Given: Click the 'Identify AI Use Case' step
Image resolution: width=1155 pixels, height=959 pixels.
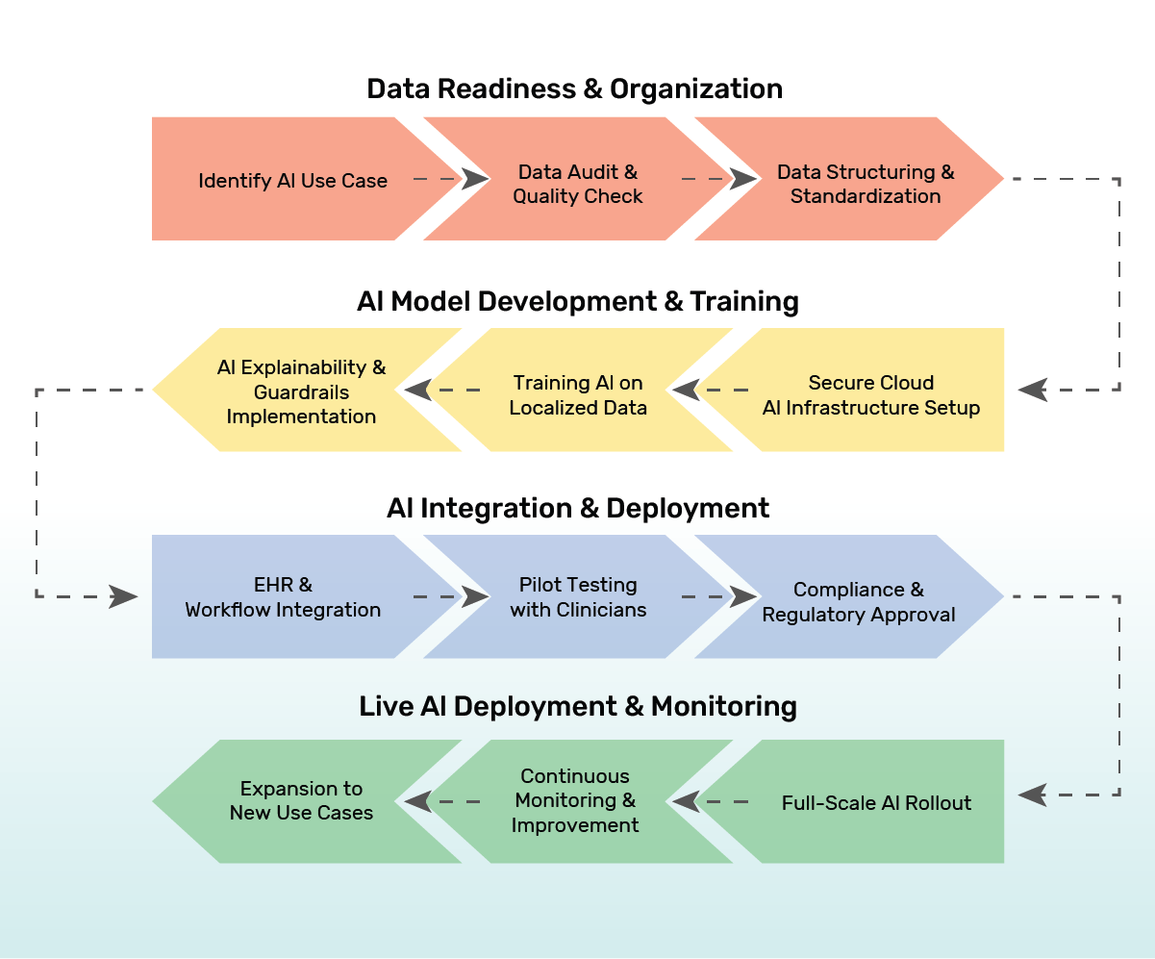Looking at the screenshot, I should pyautogui.click(x=292, y=180).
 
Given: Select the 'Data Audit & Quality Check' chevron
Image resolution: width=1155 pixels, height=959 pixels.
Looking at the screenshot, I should pyautogui.click(x=577, y=184).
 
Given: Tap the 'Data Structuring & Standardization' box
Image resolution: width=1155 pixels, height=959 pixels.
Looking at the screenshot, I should pyautogui.click(x=866, y=184).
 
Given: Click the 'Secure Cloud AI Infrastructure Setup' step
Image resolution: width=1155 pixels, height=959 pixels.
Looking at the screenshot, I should pyautogui.click(x=870, y=394).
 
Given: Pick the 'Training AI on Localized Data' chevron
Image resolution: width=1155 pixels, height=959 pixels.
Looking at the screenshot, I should pyautogui.click(x=578, y=395).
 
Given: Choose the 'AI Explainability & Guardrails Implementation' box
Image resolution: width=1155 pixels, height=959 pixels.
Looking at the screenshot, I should pyautogui.click(x=301, y=391).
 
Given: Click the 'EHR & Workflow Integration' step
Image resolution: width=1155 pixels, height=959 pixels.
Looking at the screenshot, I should pyautogui.click(x=283, y=597).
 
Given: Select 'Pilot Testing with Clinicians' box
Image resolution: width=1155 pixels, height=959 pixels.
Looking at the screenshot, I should pyautogui.click(x=578, y=597).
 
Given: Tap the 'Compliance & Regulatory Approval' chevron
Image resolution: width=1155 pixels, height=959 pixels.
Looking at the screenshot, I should pyautogui.click(x=858, y=602).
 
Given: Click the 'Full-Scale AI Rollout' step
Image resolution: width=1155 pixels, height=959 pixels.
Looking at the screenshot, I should pyautogui.click(x=876, y=803).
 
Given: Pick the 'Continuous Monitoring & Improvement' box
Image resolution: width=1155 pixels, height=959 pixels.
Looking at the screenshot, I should pyautogui.click(x=575, y=800).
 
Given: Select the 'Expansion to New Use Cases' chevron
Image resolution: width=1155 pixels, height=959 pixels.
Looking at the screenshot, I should pyautogui.click(x=301, y=800).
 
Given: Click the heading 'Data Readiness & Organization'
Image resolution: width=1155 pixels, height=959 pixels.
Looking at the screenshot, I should pyautogui.click(x=574, y=89).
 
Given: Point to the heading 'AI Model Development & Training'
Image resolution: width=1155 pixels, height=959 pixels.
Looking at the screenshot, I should pyautogui.click(x=577, y=301).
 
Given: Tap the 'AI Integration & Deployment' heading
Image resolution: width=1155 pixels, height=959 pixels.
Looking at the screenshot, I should pyautogui.click(x=578, y=508).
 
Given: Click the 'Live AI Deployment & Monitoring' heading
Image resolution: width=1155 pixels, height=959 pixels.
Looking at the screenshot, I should pyautogui.click(x=578, y=707).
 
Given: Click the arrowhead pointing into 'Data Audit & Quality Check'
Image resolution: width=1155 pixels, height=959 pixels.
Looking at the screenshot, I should pyautogui.click(x=476, y=179).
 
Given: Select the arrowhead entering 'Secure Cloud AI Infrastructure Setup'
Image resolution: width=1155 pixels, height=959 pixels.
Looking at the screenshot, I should pyautogui.click(x=1032, y=390).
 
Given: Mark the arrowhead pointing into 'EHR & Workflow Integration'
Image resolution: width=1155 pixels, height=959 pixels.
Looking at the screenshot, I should pyautogui.click(x=124, y=596).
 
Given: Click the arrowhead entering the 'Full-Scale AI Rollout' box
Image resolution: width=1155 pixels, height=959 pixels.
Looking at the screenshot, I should pyautogui.click(x=1032, y=795).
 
